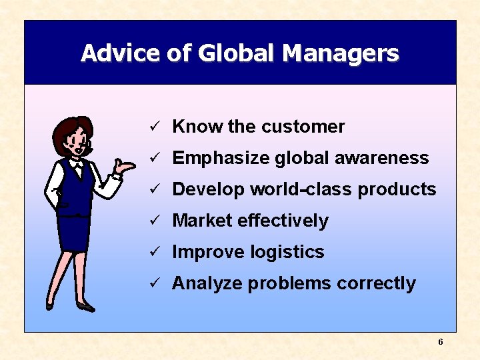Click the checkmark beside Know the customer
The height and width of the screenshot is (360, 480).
coord(153,127)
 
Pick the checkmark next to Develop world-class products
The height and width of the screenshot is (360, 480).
coord(153,189)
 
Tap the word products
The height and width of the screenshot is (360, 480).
coord(397,189)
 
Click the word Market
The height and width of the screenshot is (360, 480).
coord(202,221)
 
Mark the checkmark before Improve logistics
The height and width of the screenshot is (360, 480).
coord(153,252)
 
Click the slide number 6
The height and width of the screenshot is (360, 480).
coord(441,342)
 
